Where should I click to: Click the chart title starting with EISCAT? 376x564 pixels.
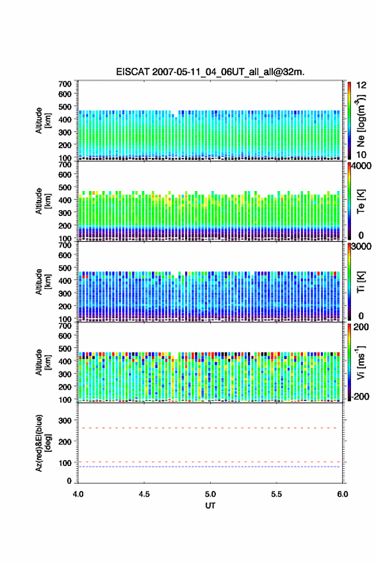pos(210,72)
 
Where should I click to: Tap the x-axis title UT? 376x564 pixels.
pos(210,506)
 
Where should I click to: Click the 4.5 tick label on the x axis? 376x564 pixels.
pos(144,494)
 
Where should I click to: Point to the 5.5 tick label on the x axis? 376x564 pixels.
pos(277,494)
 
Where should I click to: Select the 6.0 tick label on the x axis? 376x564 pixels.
pos(343,494)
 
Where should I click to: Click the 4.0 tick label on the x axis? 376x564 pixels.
pos(78,494)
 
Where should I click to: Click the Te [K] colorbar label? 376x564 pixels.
pos(361,201)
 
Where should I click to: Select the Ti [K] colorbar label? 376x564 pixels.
pos(361,281)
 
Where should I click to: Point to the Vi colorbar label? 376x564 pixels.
pos(361,362)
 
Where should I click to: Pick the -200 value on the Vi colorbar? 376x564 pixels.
pos(359,396)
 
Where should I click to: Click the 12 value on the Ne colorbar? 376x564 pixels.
pos(361,85)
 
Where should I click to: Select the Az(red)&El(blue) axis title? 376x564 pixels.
pos(42,443)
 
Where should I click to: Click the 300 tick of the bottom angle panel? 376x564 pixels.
pos(65,420)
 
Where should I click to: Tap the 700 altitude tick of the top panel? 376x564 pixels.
pos(65,84)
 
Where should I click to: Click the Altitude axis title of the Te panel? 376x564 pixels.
pos(42,201)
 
